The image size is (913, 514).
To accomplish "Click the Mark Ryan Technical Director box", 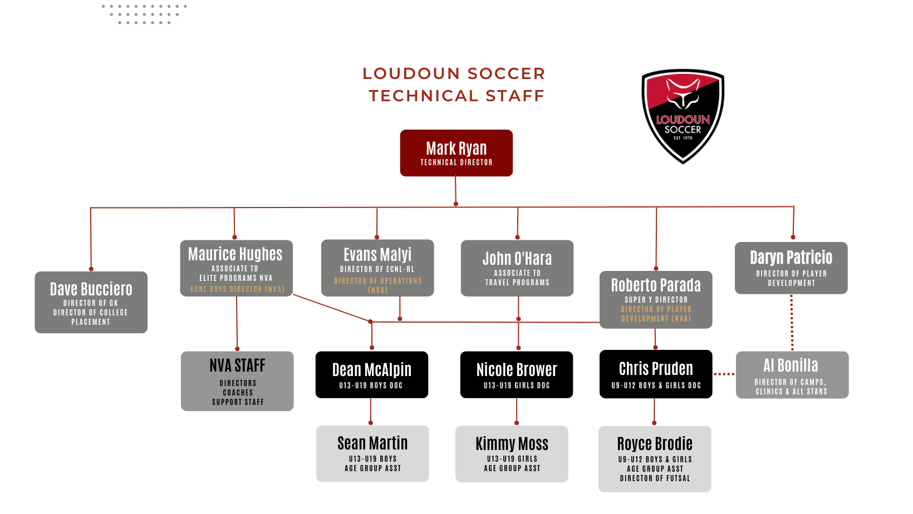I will click(456, 153).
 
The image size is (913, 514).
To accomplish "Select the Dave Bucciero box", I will click(91, 302).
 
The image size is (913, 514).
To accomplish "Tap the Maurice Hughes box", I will click(236, 268).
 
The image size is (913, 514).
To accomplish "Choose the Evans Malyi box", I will click(377, 268).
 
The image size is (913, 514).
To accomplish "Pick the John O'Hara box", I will click(517, 268).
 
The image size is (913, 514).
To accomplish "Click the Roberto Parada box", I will click(656, 299).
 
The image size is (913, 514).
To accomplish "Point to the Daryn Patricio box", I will click(791, 268).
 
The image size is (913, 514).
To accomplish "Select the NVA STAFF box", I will click(237, 380).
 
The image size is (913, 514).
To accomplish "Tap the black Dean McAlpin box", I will click(371, 374).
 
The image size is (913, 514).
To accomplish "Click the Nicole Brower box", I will click(516, 374).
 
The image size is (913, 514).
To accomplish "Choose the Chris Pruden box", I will click(656, 374).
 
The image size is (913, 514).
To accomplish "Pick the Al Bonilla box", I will click(792, 374).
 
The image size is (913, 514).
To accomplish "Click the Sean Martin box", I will click(372, 453).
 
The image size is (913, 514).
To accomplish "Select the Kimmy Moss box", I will click(512, 453).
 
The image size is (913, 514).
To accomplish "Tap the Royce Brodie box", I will click(655, 459).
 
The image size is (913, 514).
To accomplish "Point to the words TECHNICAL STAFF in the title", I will click(457, 96).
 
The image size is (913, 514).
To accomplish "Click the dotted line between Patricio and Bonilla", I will click(792, 323).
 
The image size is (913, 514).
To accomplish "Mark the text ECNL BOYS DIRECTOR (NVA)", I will click(237, 289).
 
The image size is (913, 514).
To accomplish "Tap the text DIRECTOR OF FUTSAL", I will click(655, 478).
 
